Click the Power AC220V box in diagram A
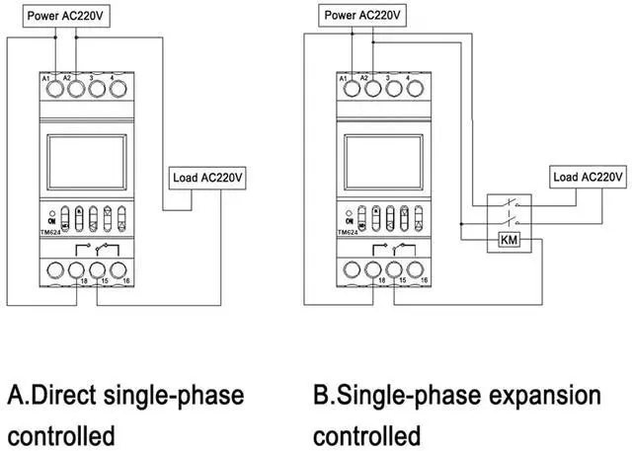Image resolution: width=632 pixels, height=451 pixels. [x=51, y=17]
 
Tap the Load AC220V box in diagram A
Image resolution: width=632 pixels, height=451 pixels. [x=207, y=179]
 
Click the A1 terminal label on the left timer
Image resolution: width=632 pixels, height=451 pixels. [x=46, y=76]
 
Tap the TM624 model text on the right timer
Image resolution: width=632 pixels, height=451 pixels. [x=349, y=233]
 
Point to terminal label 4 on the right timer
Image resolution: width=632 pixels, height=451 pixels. [x=409, y=76]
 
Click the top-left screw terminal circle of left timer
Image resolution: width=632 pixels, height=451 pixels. [x=51, y=91]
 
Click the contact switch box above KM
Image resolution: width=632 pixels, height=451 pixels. [x=509, y=209]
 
